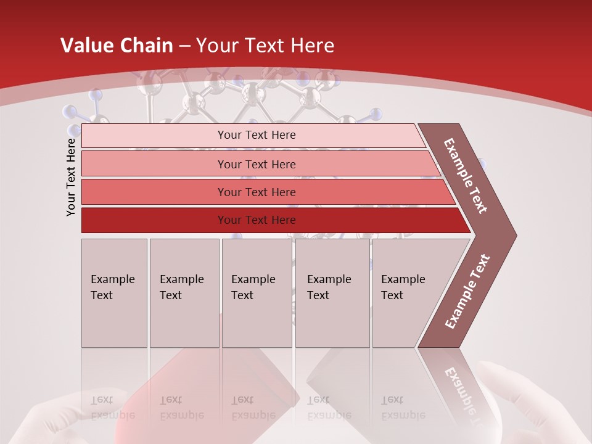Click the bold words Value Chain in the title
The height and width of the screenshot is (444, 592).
[x=117, y=46]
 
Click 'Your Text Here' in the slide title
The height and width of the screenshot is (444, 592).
[x=265, y=46]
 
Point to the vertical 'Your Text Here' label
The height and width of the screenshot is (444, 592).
[x=71, y=177]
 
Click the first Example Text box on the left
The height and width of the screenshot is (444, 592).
[x=114, y=293]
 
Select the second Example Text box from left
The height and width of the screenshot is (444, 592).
[x=184, y=293]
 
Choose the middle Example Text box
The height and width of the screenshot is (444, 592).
[x=257, y=293]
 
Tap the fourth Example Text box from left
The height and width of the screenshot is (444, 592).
[x=332, y=293]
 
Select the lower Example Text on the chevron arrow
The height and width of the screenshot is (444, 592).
[x=467, y=291]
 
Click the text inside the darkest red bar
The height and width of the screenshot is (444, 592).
[x=257, y=220]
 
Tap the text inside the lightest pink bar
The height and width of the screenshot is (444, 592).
[x=257, y=135]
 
